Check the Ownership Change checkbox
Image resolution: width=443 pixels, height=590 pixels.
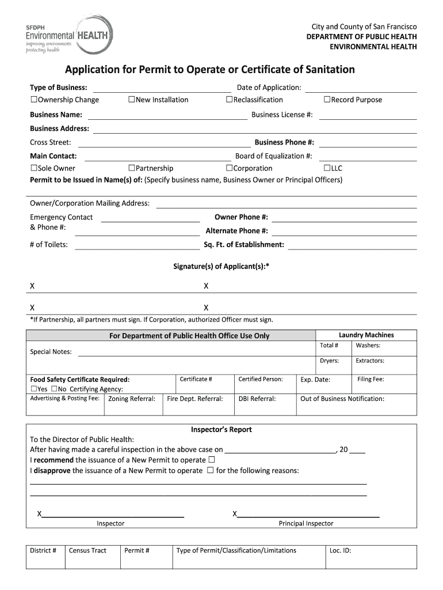click(33, 100)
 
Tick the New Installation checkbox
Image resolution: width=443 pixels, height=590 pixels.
click(131, 100)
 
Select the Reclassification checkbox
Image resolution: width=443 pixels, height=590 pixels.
click(229, 100)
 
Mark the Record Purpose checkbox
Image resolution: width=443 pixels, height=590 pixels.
click(327, 100)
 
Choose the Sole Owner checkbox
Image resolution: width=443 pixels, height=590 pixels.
click(33, 168)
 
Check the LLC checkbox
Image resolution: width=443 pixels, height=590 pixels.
click(327, 168)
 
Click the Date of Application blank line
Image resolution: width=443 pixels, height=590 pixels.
click(361, 88)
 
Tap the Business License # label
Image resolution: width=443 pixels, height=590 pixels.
click(282, 115)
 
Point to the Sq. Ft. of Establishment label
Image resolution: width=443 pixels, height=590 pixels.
click(244, 244)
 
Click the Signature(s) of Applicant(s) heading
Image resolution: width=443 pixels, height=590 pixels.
click(221, 266)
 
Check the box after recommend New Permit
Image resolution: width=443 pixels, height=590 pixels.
click(211, 460)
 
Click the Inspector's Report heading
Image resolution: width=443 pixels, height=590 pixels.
click(221, 430)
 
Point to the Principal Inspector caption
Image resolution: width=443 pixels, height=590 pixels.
click(305, 524)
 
